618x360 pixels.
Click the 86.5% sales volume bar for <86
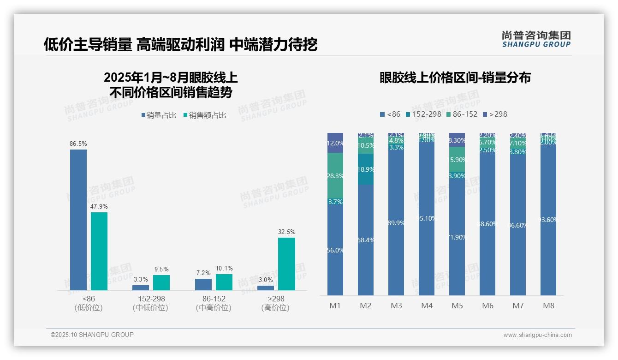tap(78, 220)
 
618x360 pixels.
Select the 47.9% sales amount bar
tap(99, 251)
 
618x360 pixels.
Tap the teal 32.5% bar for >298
tap(286, 264)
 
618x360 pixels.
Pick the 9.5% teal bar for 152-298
tap(161, 282)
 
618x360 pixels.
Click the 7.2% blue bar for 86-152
tap(203, 284)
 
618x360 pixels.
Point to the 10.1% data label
tap(224, 268)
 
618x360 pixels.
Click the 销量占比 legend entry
tap(159, 115)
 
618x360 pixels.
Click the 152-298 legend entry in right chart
tap(423, 114)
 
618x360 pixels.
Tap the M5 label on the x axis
tap(457, 306)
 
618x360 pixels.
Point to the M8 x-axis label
tap(548, 306)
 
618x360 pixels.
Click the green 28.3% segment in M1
tap(335, 175)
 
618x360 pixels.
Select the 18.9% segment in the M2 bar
tap(366, 169)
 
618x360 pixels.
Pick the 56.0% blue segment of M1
tap(335, 249)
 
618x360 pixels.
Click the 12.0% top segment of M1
tap(335, 143)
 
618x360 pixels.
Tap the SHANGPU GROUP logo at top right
tap(536, 39)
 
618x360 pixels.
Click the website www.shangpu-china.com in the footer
tap(537, 335)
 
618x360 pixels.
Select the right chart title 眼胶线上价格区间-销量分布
tap(455, 78)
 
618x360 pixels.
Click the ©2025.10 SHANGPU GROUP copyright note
tap(92, 335)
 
